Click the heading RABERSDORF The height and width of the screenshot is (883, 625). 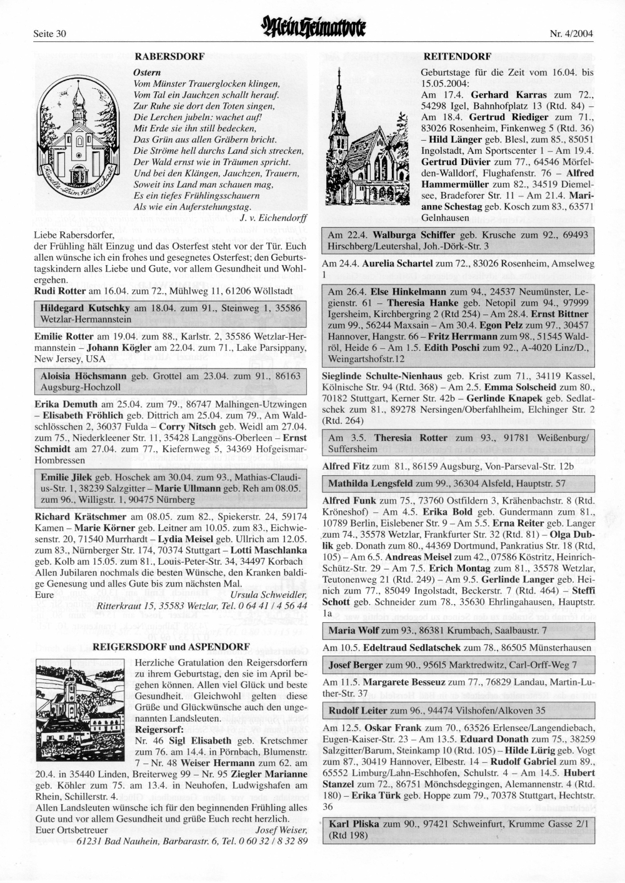point(170,56)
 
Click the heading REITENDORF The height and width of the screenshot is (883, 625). point(457,56)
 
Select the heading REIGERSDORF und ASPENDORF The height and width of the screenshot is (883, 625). point(171,646)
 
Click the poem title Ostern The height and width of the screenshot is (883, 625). point(147,73)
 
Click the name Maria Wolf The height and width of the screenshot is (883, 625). point(351,630)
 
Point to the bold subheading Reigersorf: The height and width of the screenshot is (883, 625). point(159,729)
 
